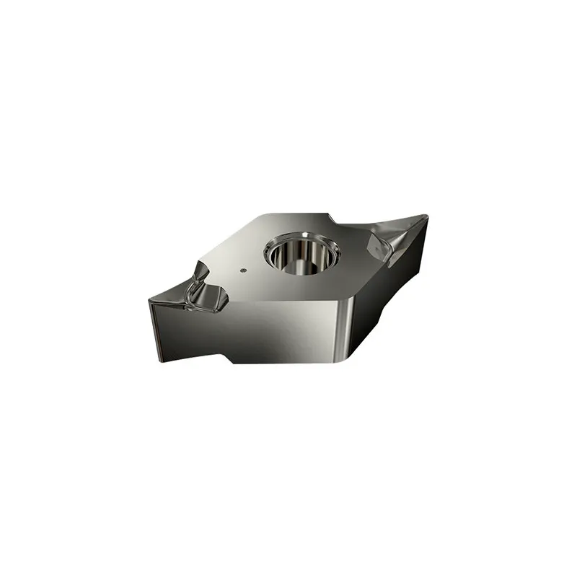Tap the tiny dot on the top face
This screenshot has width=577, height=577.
click(242, 271)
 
